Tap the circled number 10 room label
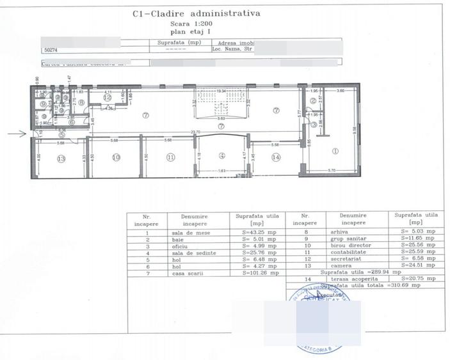[116, 157]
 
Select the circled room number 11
[170, 157]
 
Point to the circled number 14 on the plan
[276, 157]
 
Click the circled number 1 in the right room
[335, 151]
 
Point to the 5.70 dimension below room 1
[332, 171]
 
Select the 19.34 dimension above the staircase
[221, 91]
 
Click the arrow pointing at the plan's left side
[17, 134]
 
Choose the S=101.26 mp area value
[261, 273]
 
